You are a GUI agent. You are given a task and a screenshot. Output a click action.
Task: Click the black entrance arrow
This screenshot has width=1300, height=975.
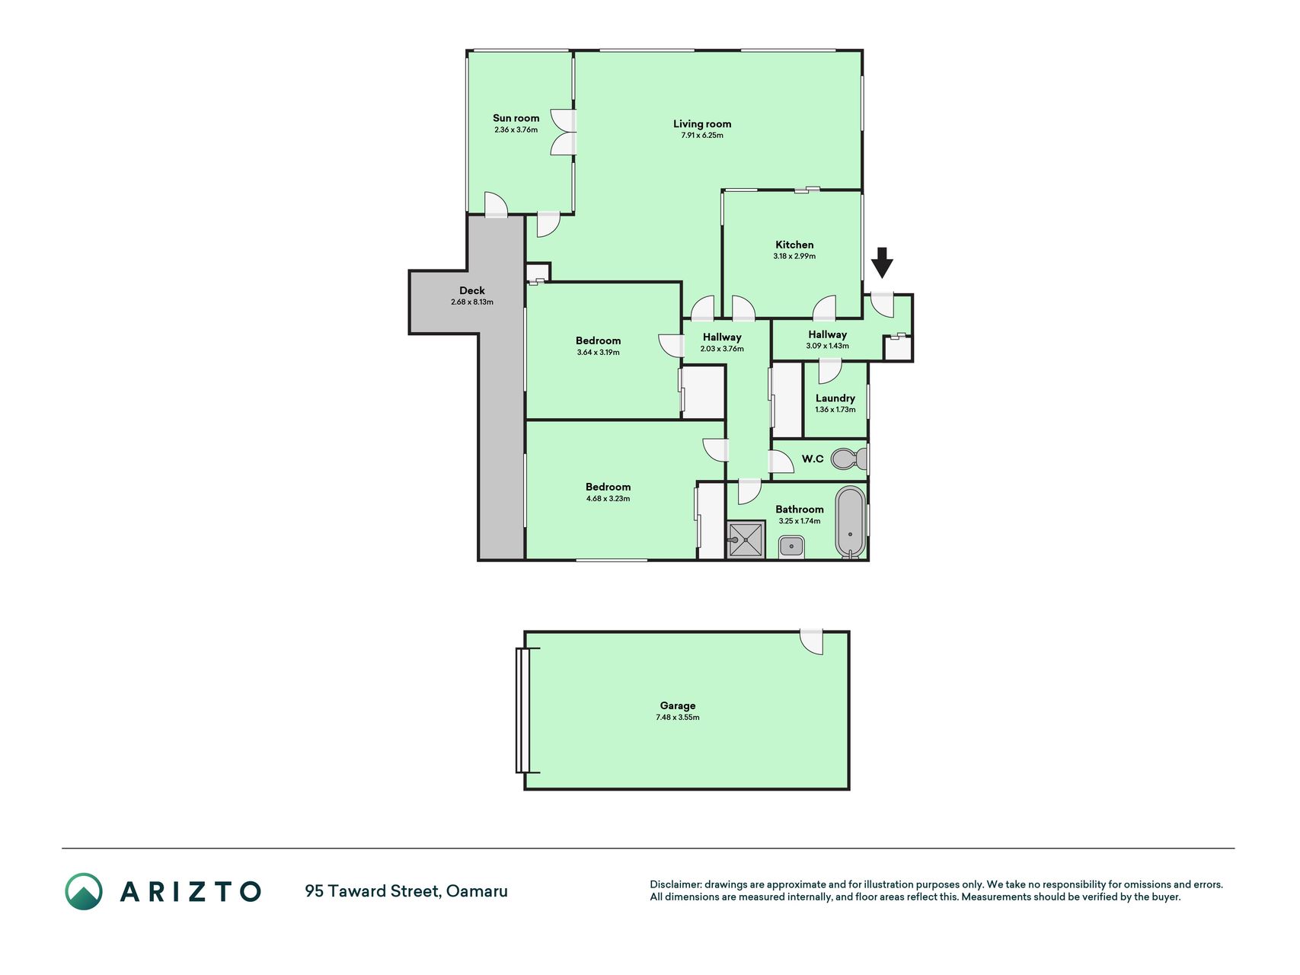coord(882,263)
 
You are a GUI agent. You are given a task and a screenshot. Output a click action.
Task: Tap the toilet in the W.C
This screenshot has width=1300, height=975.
coord(849,459)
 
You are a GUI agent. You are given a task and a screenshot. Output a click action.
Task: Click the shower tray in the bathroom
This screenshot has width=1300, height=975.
coord(746,539)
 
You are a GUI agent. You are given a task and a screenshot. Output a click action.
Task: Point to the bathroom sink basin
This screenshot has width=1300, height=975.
coord(792,546)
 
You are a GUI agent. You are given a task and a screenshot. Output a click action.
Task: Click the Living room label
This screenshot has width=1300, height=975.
coord(702,123)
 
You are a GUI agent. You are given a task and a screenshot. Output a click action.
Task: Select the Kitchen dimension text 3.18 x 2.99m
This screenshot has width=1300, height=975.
coord(794,256)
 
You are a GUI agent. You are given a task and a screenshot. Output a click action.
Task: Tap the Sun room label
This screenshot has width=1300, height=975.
coord(516,118)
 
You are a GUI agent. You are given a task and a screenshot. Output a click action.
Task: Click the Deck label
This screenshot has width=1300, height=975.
coord(472,290)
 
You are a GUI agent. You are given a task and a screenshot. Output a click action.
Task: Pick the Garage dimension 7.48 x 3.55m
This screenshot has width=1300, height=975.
coord(678,717)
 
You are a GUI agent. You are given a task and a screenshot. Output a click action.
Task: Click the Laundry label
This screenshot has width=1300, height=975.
coord(835,398)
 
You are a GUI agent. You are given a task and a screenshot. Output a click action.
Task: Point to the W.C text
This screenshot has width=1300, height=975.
coord(813,459)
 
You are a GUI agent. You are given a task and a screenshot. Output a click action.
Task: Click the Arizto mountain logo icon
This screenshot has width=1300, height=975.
coord(84,891)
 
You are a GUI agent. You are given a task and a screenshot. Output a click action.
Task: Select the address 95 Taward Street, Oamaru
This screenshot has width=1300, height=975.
coord(406,890)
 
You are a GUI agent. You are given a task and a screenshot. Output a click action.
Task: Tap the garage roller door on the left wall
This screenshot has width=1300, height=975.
coord(522,710)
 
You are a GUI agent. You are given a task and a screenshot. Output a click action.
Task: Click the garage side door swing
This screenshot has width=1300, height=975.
coord(813,642)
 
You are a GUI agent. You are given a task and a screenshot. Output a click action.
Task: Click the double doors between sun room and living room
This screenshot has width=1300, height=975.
coord(564,133)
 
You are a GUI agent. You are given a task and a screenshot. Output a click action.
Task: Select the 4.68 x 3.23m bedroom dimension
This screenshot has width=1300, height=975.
coord(608,498)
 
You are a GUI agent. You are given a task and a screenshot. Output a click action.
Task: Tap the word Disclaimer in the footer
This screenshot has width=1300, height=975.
coord(675,884)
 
